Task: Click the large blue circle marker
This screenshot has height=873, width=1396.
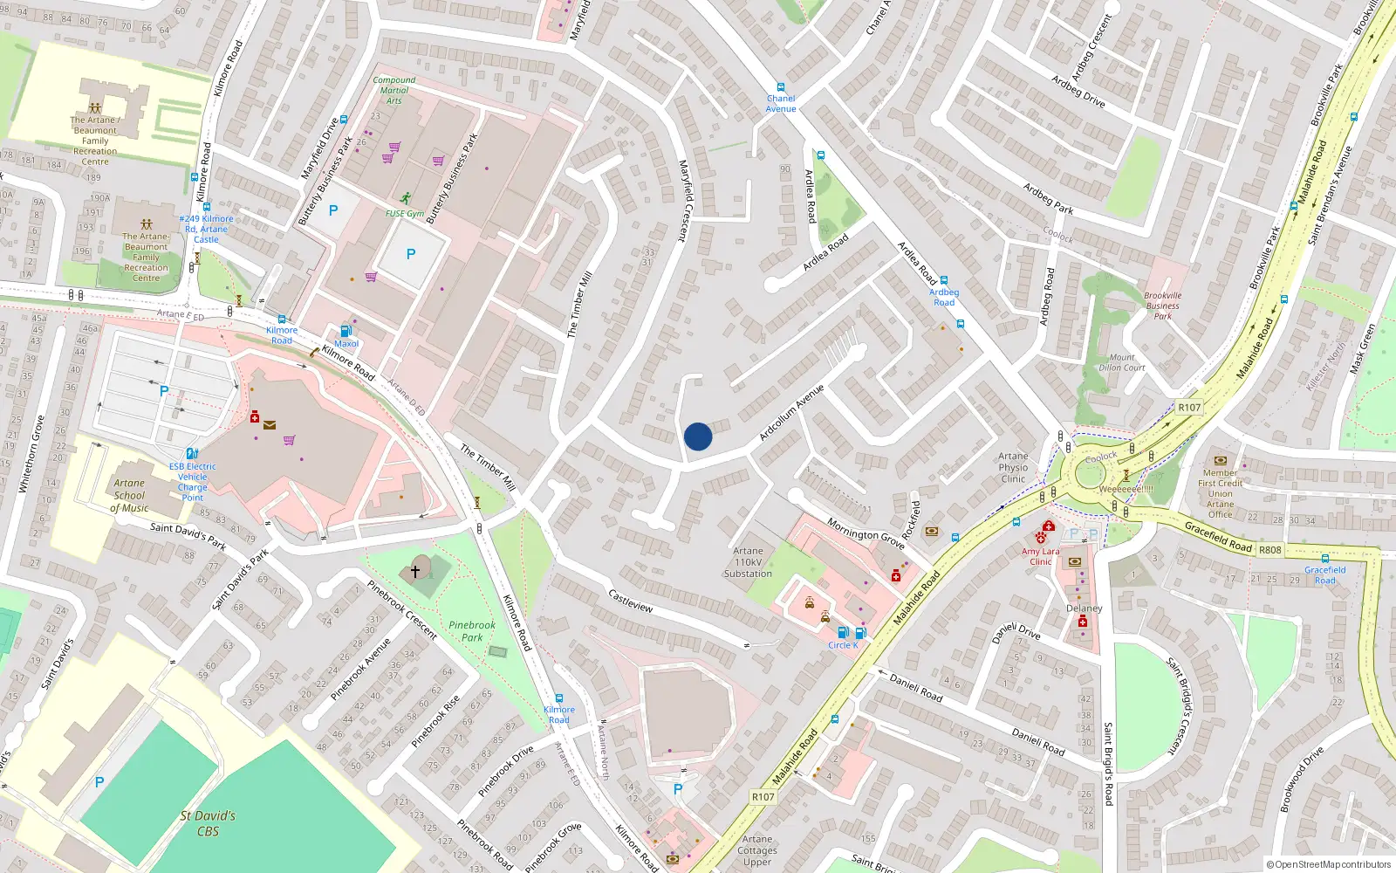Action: [x=698, y=436]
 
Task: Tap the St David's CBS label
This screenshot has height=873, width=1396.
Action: [x=208, y=823]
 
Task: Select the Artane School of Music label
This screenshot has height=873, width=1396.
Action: [x=129, y=495]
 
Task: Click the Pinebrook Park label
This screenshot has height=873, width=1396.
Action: [x=472, y=631]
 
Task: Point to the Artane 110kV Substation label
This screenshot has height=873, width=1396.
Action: [x=748, y=562]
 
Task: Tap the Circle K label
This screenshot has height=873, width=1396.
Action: [x=843, y=645]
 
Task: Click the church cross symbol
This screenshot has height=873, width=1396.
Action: [x=415, y=571]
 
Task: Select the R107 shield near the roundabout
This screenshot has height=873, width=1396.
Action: [x=1188, y=407]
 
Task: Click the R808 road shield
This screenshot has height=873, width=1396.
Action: [x=1269, y=550]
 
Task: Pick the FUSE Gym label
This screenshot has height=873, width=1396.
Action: [x=405, y=213]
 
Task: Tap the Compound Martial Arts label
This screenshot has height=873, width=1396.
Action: [x=394, y=90]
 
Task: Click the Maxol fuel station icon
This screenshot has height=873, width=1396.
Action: [x=346, y=332]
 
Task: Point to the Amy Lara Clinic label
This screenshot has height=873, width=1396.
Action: [x=1040, y=556]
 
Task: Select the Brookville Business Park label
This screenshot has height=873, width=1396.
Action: [x=1162, y=306]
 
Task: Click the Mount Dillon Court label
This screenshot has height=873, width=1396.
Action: [x=1122, y=362]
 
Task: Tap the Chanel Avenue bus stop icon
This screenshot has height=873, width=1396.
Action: [x=781, y=88]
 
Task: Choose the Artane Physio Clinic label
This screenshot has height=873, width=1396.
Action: [x=1013, y=467]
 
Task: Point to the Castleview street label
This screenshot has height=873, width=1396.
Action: [x=630, y=601]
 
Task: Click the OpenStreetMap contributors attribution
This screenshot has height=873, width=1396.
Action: [x=1328, y=864]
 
